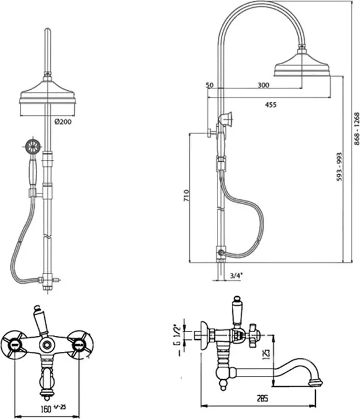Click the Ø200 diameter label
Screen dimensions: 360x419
pos(63,122)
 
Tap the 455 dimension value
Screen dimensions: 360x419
pos(271,105)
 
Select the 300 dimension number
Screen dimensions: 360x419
pos(264,85)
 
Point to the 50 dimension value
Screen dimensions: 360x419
pos(210,85)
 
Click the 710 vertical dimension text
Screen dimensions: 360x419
pos(186,195)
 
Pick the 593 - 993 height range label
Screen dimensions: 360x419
pos(339,167)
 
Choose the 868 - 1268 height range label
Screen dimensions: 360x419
pos(357,129)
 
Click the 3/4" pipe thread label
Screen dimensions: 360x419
pos(236,275)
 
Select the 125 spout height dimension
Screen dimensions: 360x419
pos(267,354)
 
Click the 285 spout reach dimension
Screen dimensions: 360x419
pos(262,399)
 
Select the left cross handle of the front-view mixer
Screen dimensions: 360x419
pos(13,344)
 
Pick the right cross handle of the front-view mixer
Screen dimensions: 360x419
pos(80,344)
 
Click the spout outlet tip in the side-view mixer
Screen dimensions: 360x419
pos(316,384)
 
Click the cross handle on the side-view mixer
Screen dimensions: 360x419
pos(253,335)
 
